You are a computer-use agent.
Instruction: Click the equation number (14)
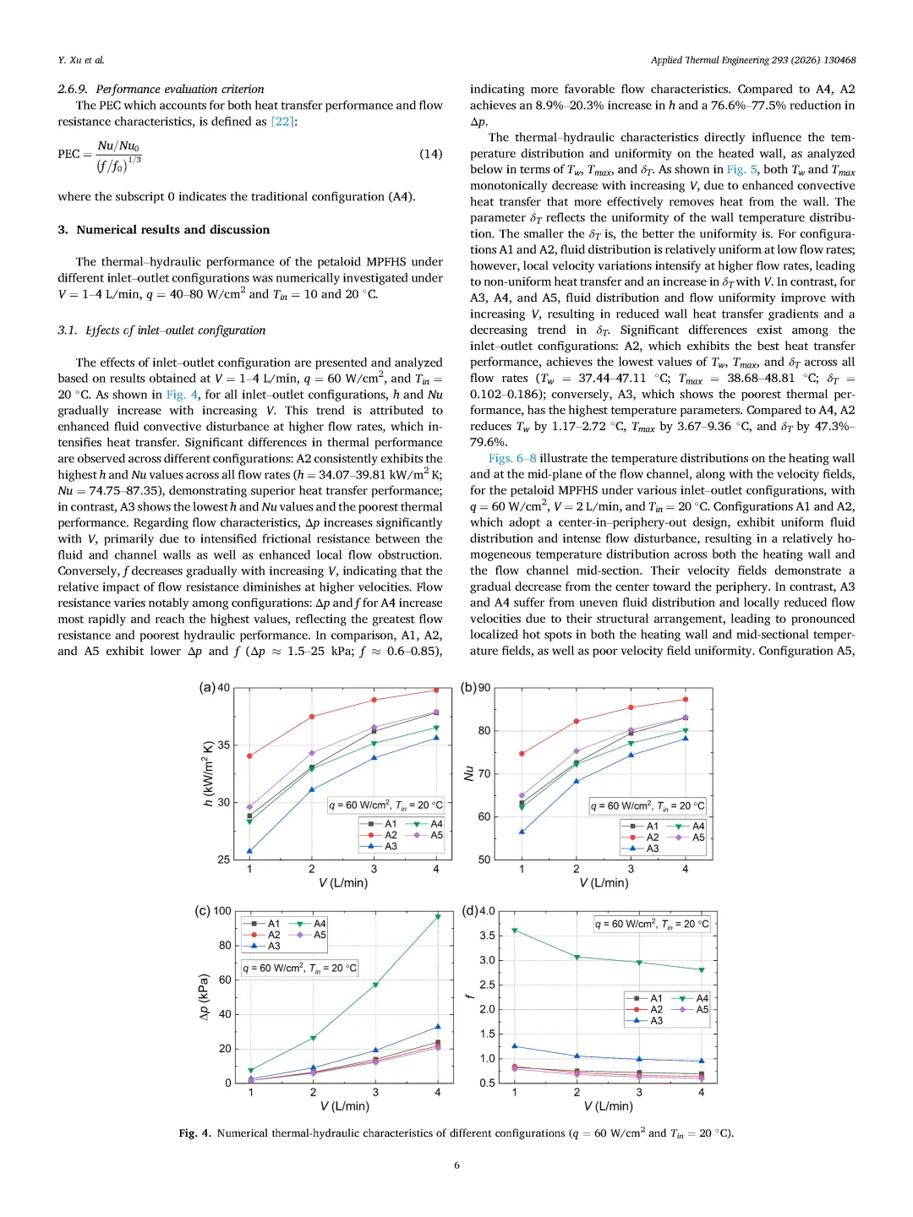coord(430,154)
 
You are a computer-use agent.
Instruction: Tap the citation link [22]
coord(282,122)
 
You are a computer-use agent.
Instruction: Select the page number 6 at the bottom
coord(456,1165)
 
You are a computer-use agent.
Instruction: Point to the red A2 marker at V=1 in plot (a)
coord(249,756)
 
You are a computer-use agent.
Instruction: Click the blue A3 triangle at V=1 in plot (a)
coord(249,851)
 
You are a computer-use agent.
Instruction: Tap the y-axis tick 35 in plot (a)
coord(223,745)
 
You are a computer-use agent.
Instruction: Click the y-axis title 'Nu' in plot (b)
coord(468,773)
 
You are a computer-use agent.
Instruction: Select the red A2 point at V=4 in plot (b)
coord(686,700)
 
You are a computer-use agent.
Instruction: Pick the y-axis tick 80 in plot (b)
coord(484,731)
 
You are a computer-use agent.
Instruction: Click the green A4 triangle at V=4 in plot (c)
coord(438,917)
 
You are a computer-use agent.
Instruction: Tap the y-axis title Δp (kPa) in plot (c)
coord(204,997)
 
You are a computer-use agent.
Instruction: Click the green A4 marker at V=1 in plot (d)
coord(515,930)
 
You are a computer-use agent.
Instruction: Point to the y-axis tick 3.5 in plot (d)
coord(487,936)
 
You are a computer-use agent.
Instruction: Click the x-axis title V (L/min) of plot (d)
coord(608,1106)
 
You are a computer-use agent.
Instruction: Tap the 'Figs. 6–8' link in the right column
coord(512,458)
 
